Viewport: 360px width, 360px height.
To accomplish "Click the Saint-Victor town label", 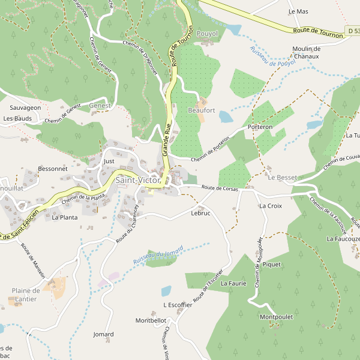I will [138, 180].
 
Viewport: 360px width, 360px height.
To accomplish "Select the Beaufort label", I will [201, 110].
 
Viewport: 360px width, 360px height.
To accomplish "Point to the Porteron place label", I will [260, 127].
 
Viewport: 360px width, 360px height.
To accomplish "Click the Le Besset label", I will [282, 178].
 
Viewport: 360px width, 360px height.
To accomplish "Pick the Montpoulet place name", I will [275, 316].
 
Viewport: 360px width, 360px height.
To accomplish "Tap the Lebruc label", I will [200, 213].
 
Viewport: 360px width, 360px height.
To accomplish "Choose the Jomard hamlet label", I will [103, 334].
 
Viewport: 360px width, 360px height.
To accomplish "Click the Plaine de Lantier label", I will [26, 296].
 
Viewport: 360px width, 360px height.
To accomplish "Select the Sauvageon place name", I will [25, 107].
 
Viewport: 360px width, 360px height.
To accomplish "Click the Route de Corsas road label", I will [220, 188].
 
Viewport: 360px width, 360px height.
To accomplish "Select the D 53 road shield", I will [352, 29].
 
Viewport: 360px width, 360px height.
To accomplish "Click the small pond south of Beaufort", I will [226, 116].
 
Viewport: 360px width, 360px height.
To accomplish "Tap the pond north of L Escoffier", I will [166, 291].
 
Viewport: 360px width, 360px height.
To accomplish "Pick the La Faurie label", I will [233, 283].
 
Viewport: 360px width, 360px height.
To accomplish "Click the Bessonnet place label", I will [53, 169].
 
